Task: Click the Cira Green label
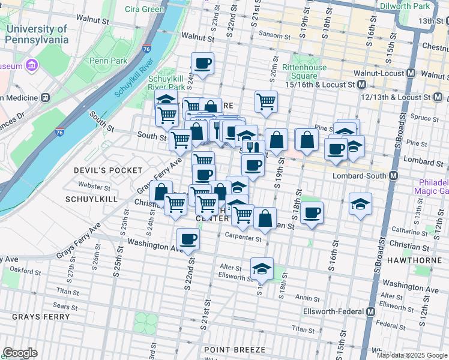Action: pos(144,9)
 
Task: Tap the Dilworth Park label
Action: pos(405,5)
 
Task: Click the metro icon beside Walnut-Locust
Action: pos(411,73)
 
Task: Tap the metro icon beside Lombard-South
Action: pos(394,176)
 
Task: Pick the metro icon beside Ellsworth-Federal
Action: pos(370,312)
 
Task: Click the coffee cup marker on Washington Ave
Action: pos(188,239)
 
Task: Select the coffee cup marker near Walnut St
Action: pos(202,63)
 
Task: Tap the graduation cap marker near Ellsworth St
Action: pos(262,269)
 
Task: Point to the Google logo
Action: pos(20,353)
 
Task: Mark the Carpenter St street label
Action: pos(244,238)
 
